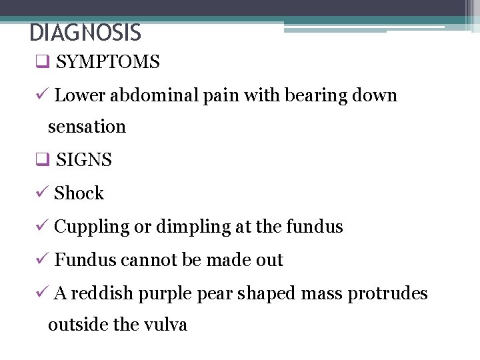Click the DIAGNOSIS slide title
pos(85,32)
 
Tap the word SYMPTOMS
pos(108,63)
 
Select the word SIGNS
pos(84,160)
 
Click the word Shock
pos(79,193)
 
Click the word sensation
pos(87,127)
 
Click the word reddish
pos(102,293)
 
